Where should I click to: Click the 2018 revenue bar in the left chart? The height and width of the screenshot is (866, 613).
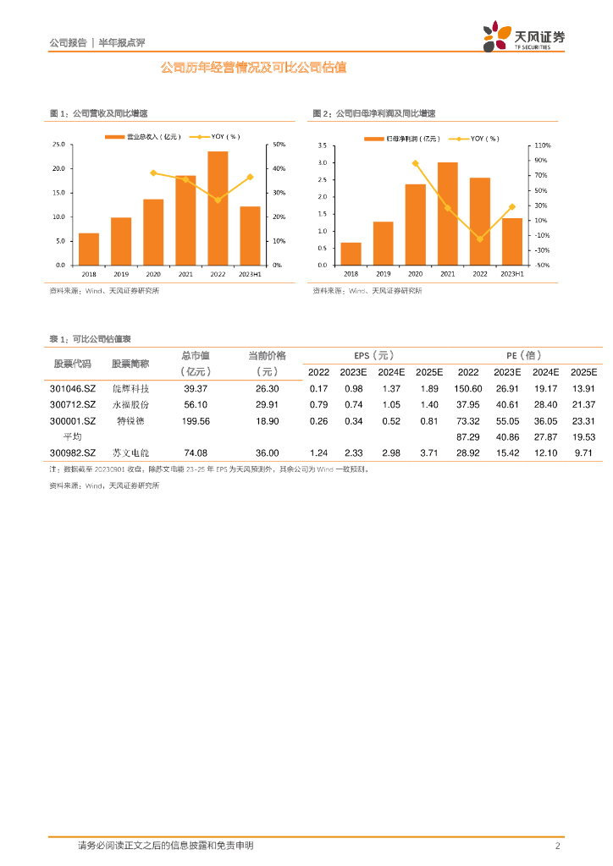coord(89,249)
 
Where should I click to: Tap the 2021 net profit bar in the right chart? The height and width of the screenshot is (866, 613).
coord(448,213)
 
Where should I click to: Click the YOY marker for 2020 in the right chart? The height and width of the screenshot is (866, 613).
coord(415,163)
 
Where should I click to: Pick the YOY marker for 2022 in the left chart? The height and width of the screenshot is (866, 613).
coord(218,200)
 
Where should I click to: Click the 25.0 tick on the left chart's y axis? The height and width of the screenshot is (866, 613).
coord(58,145)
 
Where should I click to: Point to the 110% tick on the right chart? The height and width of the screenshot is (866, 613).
coord(543,145)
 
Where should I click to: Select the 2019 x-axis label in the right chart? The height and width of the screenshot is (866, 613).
coord(384,274)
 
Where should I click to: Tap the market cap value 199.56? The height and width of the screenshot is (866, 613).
coord(196,421)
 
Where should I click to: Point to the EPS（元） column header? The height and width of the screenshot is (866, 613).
coord(373,356)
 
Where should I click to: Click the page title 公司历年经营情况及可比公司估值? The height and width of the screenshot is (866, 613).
coord(254,68)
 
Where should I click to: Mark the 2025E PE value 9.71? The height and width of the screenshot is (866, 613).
coord(584,453)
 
